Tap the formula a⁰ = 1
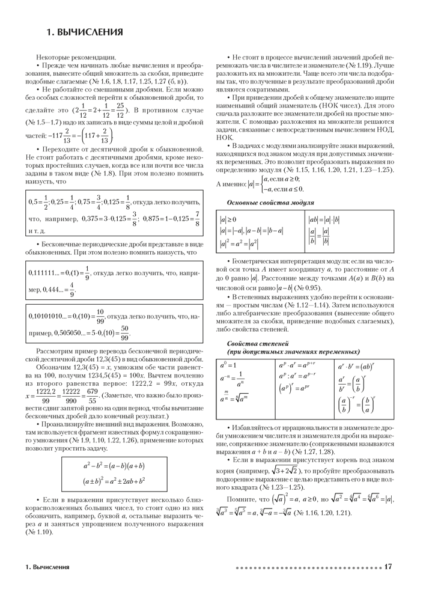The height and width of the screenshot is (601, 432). coord(229,365)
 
